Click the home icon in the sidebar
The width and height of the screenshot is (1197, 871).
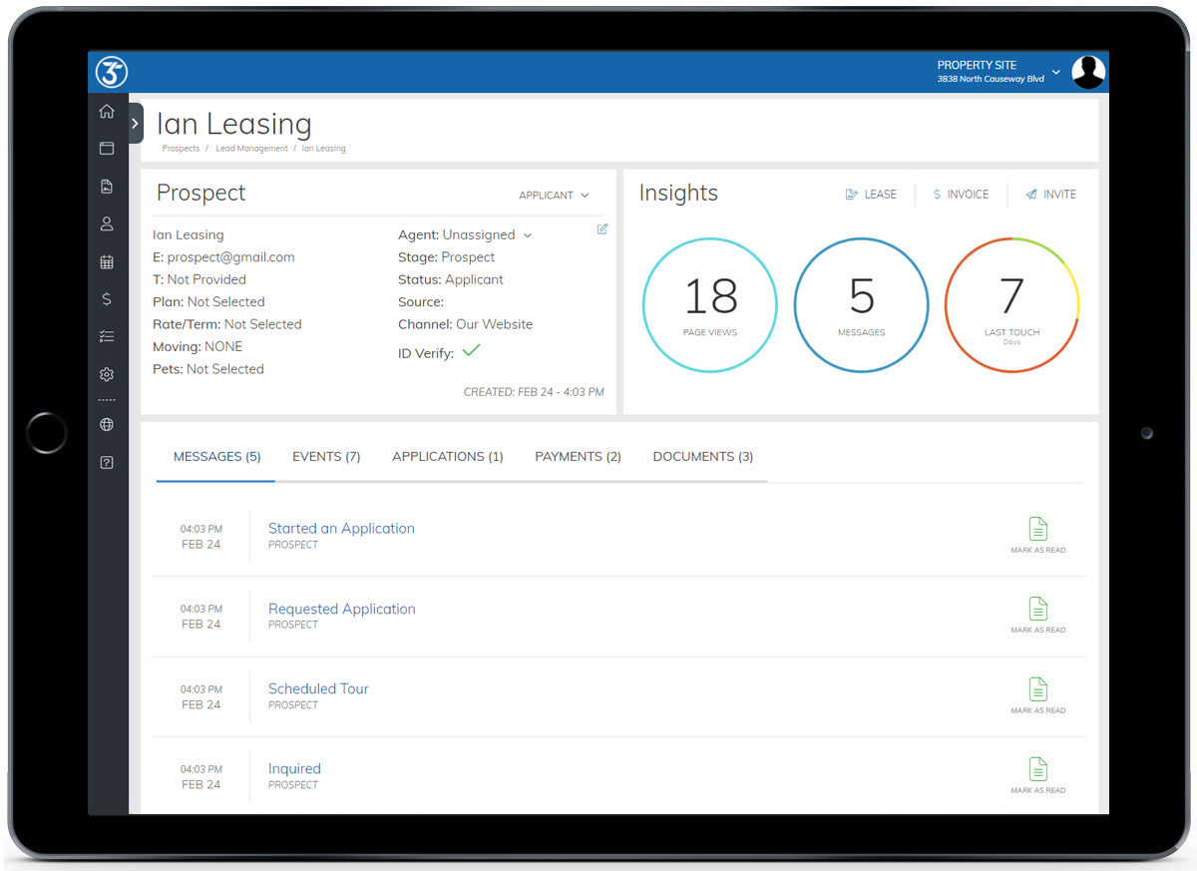107,112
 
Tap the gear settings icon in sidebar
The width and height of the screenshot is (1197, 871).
107,375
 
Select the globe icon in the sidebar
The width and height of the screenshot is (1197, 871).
107,425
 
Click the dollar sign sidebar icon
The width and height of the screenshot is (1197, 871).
107,299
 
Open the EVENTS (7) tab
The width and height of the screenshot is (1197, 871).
326,457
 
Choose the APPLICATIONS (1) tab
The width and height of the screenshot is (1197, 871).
448,457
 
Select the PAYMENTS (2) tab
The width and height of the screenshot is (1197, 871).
578,457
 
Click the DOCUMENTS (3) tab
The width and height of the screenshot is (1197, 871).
702,457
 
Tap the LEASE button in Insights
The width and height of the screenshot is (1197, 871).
871,195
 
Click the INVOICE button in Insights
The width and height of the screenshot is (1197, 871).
961,195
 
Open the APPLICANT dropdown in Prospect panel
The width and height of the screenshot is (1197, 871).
554,196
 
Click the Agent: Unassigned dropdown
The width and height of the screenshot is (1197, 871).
466,235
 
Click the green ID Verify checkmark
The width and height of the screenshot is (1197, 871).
472,350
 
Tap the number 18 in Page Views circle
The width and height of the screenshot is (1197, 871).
710,297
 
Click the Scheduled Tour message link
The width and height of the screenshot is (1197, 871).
318,688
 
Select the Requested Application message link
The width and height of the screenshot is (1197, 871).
341,609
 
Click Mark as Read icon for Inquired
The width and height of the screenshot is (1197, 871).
1038,770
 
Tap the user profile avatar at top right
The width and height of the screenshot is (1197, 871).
1088,72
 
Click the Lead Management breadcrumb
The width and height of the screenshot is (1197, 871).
251,149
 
